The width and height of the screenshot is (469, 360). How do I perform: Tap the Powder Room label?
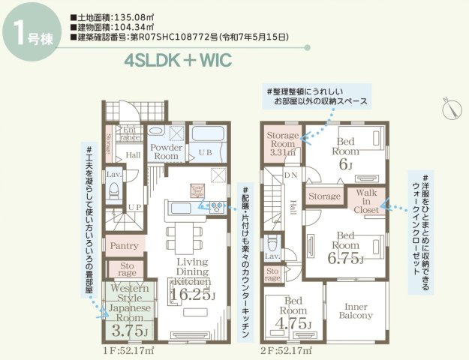tap(164, 151)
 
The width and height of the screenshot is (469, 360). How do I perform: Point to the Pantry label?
tap(123, 245)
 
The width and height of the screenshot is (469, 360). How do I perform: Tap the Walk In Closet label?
tap(365, 202)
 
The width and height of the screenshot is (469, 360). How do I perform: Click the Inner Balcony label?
tap(358, 310)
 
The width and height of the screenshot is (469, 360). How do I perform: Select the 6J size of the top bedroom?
tap(345, 164)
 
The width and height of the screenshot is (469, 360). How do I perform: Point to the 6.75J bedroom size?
tap(346, 259)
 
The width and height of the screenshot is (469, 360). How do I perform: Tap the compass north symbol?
tap(451, 106)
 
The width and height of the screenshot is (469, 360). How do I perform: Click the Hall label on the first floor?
tap(133, 155)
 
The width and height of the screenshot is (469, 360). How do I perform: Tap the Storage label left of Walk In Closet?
tap(325, 197)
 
